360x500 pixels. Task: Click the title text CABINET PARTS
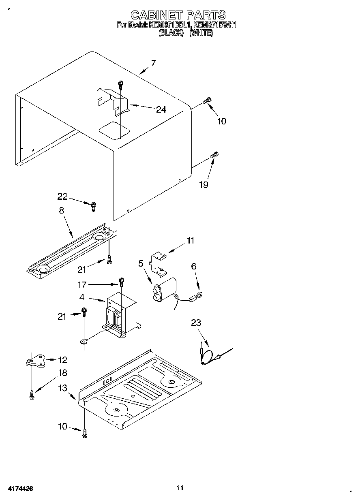(178, 15)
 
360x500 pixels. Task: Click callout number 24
(161, 109)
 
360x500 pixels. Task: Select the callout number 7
(153, 63)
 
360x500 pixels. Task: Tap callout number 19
(204, 185)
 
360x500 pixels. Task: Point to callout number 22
(62, 197)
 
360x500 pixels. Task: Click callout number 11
(190, 241)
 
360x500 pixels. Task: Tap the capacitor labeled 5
(165, 289)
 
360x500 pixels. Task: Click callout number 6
(193, 266)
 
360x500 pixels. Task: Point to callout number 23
(196, 323)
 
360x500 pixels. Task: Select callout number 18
(62, 373)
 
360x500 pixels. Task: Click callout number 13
(62, 388)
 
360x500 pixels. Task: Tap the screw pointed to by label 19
(214, 155)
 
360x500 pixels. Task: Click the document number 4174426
(19, 489)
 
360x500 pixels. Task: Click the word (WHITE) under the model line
(201, 33)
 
